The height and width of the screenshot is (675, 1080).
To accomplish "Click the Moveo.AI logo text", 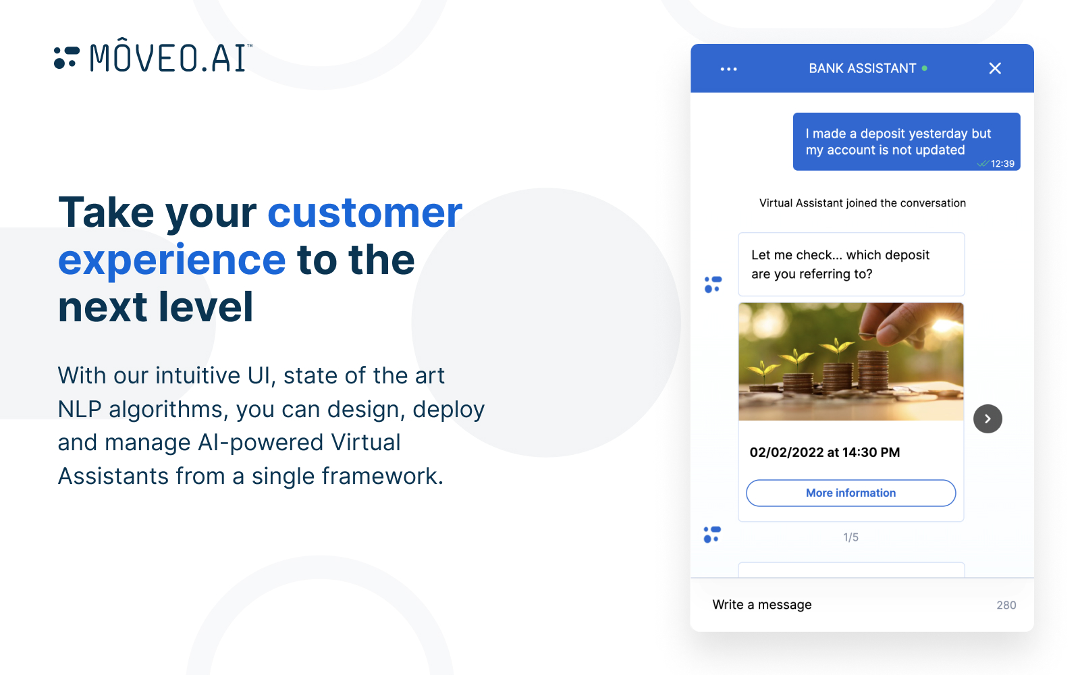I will click(170, 57).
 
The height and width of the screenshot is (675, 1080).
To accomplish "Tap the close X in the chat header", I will click(994, 68).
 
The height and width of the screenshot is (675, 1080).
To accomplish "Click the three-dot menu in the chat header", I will click(728, 69).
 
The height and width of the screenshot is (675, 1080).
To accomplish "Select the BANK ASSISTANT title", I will click(862, 68).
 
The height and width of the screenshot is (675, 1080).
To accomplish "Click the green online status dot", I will click(924, 68).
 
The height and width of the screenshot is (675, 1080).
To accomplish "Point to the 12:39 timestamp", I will click(1002, 164).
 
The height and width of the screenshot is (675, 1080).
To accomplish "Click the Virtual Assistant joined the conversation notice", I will click(862, 203).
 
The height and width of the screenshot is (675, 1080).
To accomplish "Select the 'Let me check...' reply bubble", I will click(850, 265).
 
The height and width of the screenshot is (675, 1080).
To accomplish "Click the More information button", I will click(850, 493).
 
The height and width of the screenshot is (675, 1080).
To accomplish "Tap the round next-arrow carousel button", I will click(987, 419).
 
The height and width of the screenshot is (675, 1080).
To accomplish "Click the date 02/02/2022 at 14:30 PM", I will click(824, 452).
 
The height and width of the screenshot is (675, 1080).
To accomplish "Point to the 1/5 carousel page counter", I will click(850, 537).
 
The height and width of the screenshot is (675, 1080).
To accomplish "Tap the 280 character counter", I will click(1006, 605).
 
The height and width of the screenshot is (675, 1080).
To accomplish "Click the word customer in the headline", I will click(364, 213).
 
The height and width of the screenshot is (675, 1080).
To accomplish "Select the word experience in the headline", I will click(172, 261).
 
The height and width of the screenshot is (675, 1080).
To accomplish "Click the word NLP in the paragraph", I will click(80, 410).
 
